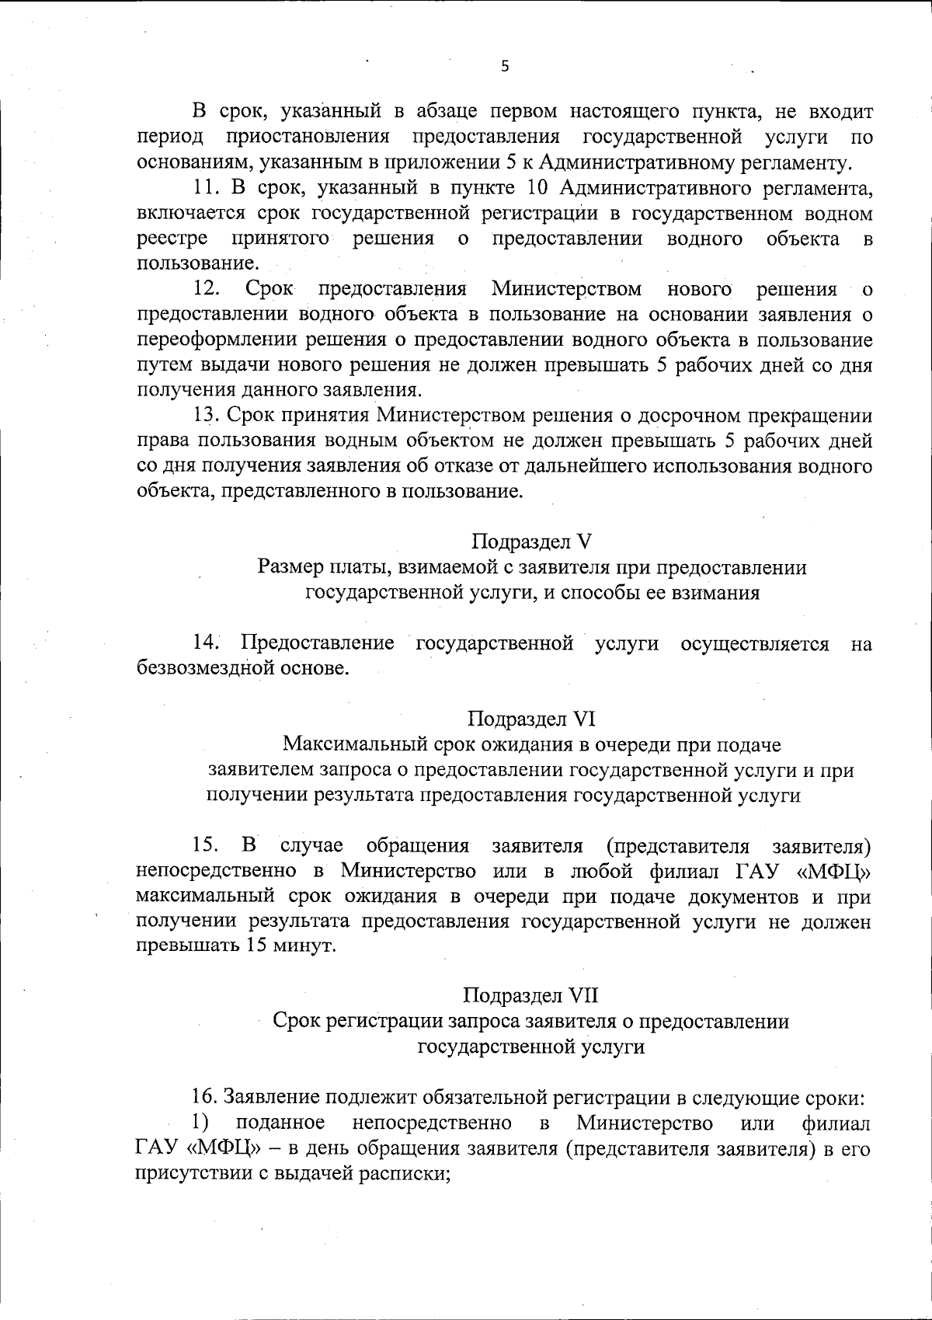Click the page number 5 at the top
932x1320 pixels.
[505, 67]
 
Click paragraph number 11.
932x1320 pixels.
[206, 188]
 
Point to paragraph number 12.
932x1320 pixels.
[206, 290]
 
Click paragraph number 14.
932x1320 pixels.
[207, 643]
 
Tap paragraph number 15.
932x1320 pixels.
[206, 845]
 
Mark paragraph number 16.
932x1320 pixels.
[206, 1098]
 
